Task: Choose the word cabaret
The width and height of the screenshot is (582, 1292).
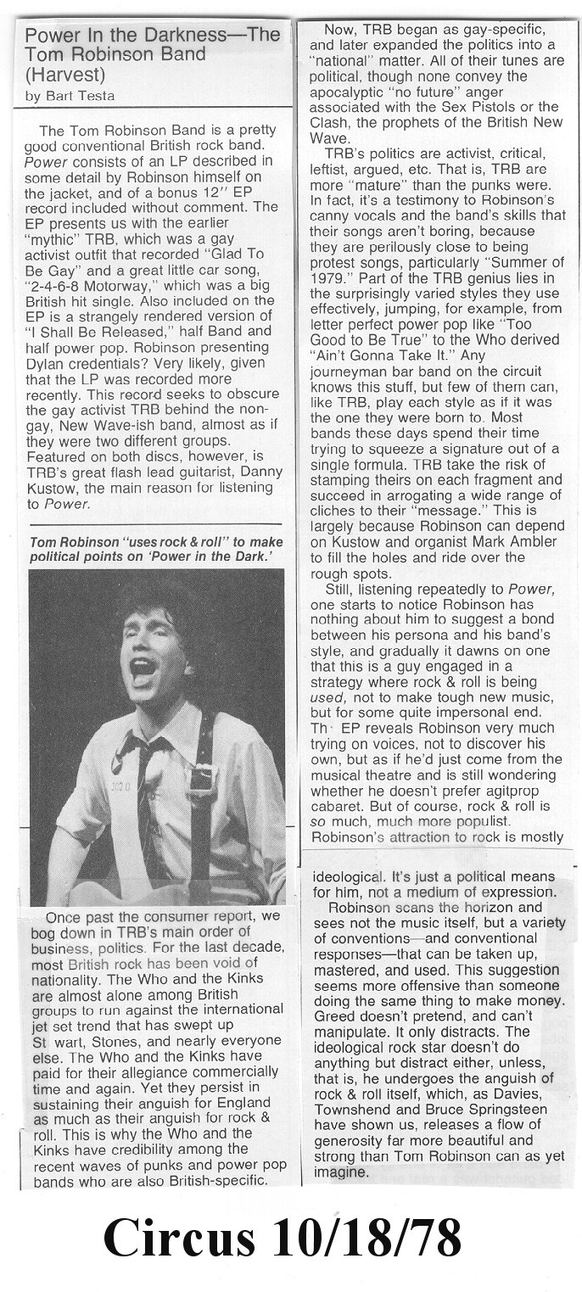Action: [343, 820]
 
